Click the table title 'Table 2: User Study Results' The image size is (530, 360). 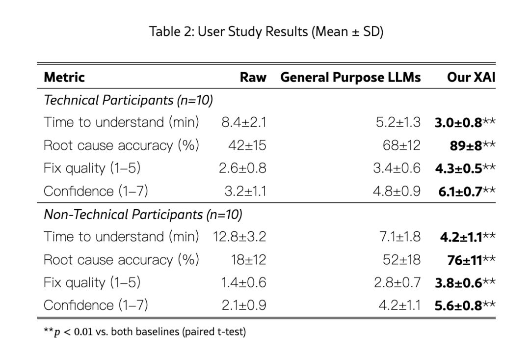266,32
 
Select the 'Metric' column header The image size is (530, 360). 64,77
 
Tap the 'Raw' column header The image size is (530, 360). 253,77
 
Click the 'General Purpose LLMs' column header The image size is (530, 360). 350,77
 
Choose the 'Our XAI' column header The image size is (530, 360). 471,77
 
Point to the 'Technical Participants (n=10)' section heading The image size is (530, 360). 128,100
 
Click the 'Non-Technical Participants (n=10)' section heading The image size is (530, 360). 143,214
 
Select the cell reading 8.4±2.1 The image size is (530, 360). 244,122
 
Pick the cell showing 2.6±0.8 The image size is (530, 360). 242,168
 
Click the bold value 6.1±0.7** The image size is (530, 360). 467,191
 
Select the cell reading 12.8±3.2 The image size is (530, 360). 239,237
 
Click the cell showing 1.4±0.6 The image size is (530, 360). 242,282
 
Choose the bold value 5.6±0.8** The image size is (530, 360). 465,305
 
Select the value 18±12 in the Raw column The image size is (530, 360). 248,259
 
